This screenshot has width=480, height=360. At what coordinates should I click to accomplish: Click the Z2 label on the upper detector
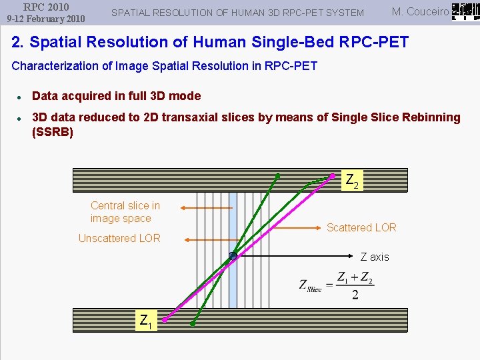pos(352,180)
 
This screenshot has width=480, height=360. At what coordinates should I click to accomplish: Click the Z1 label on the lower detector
pos(145,321)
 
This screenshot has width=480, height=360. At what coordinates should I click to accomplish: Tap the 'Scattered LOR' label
pos(361,228)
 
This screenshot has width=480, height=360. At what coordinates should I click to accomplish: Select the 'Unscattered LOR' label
pos(119,239)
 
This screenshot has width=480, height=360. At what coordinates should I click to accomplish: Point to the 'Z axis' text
pos(375,257)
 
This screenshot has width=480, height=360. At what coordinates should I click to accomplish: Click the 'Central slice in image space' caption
pos(125,212)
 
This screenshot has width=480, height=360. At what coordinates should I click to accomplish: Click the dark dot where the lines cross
pos(233,256)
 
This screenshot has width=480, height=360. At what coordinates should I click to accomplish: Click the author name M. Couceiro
pos(420,11)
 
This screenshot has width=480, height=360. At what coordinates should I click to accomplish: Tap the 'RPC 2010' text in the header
pos(46,7)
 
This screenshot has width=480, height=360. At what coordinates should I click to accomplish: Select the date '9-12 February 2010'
pos(46,19)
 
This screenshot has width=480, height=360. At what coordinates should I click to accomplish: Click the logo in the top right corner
pos(464,11)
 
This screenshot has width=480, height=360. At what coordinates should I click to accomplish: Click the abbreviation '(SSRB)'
pos(53,132)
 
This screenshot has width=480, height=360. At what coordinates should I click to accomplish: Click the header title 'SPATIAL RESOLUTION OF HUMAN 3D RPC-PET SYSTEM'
pos(237,13)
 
